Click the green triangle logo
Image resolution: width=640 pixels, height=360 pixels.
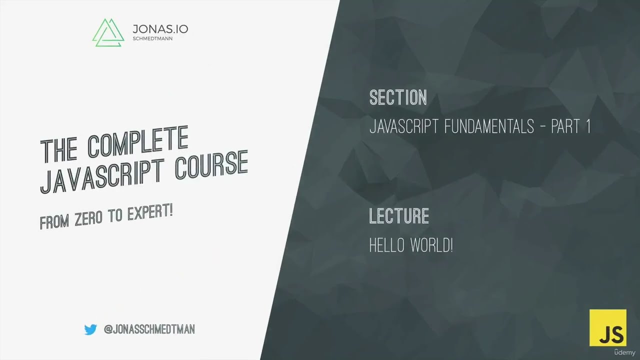click(108, 32)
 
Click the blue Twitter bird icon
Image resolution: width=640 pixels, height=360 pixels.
click(90, 329)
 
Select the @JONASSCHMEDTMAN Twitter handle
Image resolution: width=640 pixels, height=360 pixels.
click(149, 329)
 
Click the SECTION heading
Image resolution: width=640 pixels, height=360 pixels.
click(398, 97)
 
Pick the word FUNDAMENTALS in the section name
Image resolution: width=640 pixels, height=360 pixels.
click(489, 127)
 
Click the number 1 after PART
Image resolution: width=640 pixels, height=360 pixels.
click(588, 127)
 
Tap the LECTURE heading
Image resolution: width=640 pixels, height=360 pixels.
click(399, 216)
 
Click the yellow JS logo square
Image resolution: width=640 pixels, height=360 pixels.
click(607, 327)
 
